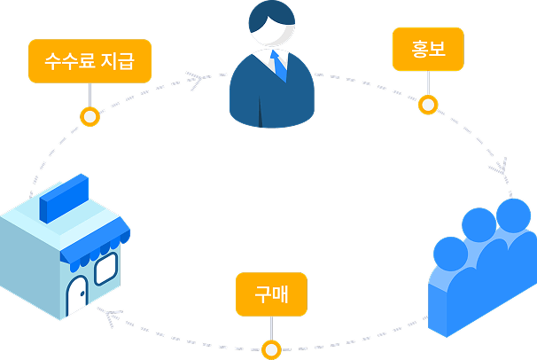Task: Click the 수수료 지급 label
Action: coord(89,61)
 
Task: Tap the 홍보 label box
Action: coord(428,50)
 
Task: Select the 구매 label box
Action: coord(271,294)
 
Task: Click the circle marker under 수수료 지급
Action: coord(89,116)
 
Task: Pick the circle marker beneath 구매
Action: coord(271,348)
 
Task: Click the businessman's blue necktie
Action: coord(279,66)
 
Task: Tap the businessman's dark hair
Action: coord(270,16)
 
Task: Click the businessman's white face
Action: coord(270,35)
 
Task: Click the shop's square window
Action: coord(106,268)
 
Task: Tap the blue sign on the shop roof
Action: coord(67,198)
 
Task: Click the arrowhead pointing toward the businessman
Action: coord(197,80)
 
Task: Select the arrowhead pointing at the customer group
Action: coord(502,167)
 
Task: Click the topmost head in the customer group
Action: coord(511,214)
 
